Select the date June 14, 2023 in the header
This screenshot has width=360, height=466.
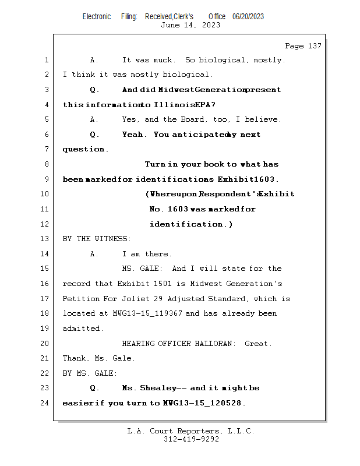point(190,25)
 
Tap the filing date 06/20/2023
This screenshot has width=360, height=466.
point(248,16)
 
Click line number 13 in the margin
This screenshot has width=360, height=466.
point(46,239)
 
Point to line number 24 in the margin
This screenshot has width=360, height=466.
point(46,403)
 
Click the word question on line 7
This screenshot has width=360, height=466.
point(84,149)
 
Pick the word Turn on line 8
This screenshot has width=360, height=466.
point(155,164)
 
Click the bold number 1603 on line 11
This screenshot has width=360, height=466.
point(177,209)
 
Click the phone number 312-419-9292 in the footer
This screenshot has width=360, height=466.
point(191,439)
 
